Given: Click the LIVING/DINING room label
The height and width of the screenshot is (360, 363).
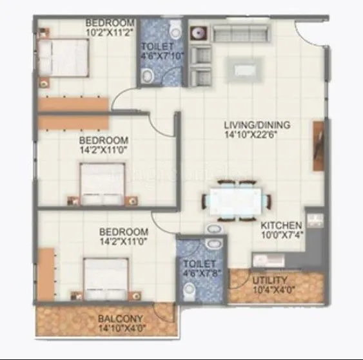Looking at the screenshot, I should [x=257, y=125].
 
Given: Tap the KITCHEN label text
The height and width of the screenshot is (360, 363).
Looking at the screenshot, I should [x=281, y=225].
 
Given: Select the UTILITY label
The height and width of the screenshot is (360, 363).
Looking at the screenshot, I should [x=266, y=281].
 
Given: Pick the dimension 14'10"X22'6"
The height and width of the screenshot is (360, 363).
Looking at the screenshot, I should [x=257, y=135].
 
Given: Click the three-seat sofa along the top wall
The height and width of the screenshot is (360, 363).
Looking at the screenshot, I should [x=239, y=32].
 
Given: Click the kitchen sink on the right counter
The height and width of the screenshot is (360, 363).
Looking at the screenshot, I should [x=315, y=221].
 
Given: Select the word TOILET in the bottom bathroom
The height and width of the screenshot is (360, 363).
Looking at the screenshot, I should [x=194, y=265].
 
